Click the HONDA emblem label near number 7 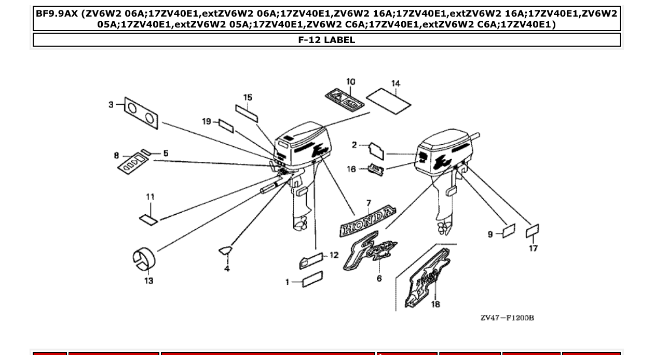pos(367,221)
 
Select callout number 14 pos(396,84)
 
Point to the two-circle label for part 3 pos(141,113)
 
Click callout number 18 pos(435,304)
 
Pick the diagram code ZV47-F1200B pos(507,317)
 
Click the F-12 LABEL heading pos(326,40)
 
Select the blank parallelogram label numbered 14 pos(388,101)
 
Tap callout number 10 pos(351,81)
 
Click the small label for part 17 pos(532,231)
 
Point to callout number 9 pos(491,234)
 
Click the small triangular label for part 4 pos(225,251)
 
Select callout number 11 pos(150,197)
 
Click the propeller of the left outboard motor pos(300,225)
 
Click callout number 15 pos(248,98)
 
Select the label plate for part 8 pos(132,161)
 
